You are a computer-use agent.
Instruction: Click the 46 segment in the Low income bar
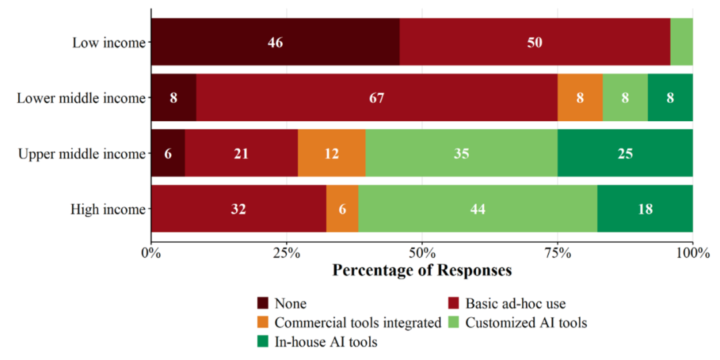(275, 42)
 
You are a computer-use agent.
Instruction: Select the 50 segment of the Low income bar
(535, 42)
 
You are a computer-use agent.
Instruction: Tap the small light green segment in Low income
(681, 42)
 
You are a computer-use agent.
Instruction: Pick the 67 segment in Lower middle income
(377, 97)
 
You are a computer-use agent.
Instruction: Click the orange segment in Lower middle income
(580, 97)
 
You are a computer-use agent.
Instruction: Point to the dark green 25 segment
(625, 153)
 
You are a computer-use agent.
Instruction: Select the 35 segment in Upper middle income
(461, 153)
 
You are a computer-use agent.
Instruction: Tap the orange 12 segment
(331, 153)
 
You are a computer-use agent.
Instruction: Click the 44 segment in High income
(478, 209)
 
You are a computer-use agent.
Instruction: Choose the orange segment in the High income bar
(343, 209)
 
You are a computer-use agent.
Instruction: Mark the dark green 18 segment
(645, 209)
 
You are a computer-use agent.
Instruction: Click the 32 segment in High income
(239, 209)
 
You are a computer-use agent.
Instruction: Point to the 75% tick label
(557, 252)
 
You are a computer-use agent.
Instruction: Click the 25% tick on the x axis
(287, 240)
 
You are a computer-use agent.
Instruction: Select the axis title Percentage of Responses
(422, 269)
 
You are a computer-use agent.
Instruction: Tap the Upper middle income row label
(81, 153)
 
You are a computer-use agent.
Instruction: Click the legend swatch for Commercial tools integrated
(263, 323)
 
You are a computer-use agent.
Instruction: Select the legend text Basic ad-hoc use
(515, 303)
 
